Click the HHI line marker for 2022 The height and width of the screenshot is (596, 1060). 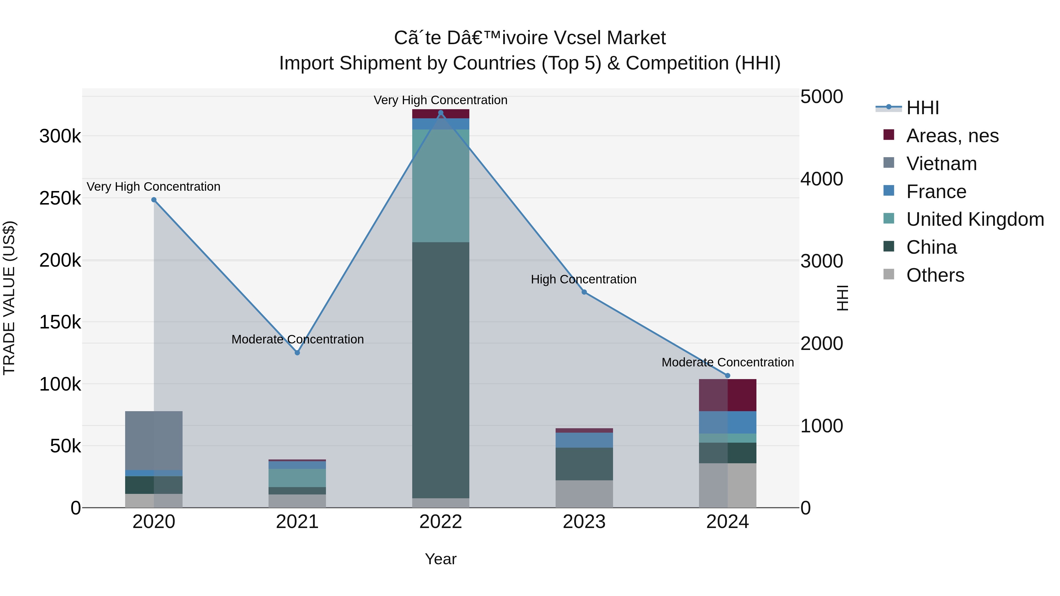tap(441, 113)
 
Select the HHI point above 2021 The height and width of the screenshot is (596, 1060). tap(297, 353)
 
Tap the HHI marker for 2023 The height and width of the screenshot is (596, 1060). tap(584, 292)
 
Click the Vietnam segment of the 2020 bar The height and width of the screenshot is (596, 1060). tap(153, 440)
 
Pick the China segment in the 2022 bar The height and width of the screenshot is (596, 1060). tap(441, 370)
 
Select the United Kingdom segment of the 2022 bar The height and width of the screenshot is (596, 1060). tap(441, 185)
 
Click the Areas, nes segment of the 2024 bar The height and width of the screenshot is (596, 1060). tap(728, 395)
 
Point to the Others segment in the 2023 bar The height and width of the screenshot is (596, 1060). tap(584, 494)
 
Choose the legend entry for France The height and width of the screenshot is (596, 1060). tap(936, 192)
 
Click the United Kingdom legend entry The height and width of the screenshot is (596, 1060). tap(974, 219)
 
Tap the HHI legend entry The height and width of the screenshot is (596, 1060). tap(922, 108)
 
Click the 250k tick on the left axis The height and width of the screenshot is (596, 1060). tap(60, 198)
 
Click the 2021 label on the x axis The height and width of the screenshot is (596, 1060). tap(297, 522)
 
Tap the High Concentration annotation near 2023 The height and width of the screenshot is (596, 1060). tap(584, 279)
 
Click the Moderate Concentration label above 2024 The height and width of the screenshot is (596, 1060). tap(728, 362)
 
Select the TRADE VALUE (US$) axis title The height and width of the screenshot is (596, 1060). tap(9, 298)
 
